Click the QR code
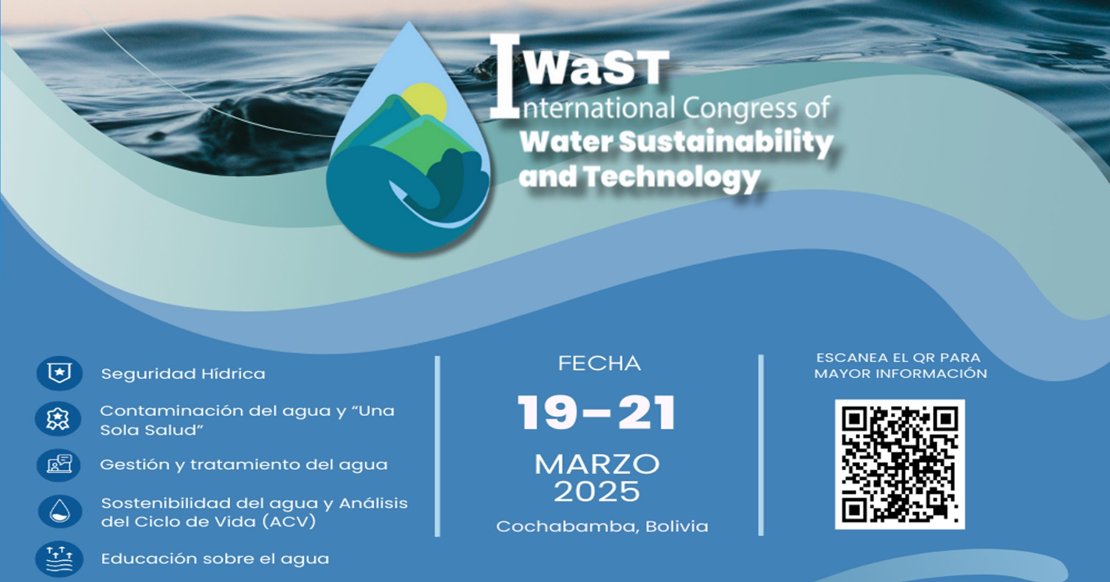tap(900, 464)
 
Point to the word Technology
tap(672, 177)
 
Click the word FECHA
tap(599, 363)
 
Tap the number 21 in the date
tap(647, 412)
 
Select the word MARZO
tap(597, 464)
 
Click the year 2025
tap(597, 492)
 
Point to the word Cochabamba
tap(568, 526)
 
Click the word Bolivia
tap(677, 526)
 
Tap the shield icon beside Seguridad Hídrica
tap(59, 373)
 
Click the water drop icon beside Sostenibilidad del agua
tap(60, 512)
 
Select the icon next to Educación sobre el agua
tap(59, 559)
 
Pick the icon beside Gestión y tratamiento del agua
tap(59, 465)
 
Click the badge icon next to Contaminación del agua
tap(58, 419)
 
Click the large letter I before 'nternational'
tap(505, 76)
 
